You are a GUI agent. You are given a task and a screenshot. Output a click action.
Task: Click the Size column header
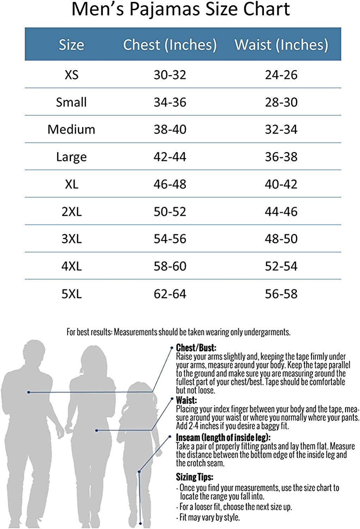click(71, 45)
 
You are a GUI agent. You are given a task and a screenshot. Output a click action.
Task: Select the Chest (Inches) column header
click(170, 45)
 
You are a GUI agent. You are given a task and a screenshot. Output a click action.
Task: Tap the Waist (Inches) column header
click(281, 45)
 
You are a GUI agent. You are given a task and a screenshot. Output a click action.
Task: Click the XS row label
click(71, 75)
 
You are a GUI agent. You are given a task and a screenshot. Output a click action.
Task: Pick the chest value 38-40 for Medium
click(170, 129)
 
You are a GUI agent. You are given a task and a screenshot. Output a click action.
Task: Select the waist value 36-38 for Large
click(281, 157)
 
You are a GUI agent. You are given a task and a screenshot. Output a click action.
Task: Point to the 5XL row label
click(71, 294)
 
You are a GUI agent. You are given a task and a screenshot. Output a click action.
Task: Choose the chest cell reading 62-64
click(170, 294)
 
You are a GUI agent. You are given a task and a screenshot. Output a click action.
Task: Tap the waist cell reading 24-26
click(281, 75)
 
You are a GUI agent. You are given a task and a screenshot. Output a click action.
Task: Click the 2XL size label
click(71, 212)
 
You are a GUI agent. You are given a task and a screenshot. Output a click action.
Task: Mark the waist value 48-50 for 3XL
click(281, 239)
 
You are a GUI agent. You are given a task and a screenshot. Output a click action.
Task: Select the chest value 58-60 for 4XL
click(170, 266)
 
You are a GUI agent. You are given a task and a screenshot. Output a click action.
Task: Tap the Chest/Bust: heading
click(196, 348)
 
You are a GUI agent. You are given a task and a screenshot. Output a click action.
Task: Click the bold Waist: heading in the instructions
click(186, 400)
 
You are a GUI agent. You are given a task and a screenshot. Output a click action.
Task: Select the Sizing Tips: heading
click(194, 478)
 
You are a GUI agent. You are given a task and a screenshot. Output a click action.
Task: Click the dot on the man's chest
click(29, 392)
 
